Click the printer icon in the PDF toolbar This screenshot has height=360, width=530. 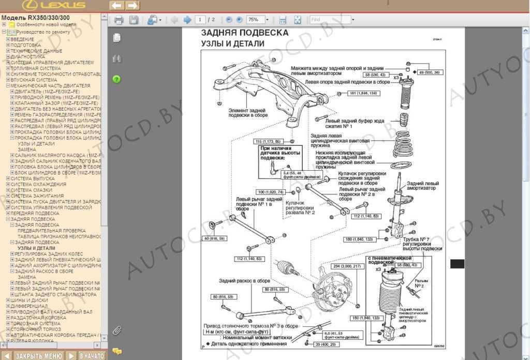pyautogui.click(x=119, y=20)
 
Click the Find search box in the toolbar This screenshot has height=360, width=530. pyautogui.click(x=330, y=20)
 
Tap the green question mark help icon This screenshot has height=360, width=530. pyautogui.click(x=116, y=79)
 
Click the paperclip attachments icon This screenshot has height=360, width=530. pyautogui.click(x=116, y=330)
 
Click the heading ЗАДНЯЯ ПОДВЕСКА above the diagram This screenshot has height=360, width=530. pyautogui.click(x=245, y=33)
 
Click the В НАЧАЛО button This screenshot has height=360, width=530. pyautogui.click(x=92, y=356)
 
